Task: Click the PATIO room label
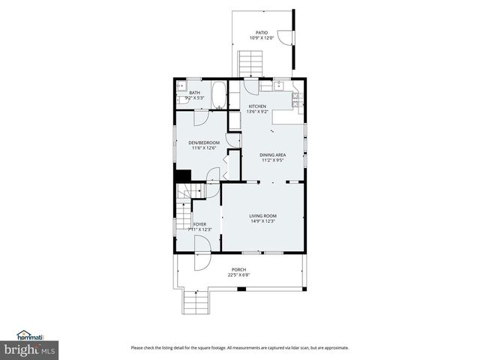(261, 32)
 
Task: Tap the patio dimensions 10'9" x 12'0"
(261, 37)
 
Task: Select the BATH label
(194, 92)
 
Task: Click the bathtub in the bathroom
(220, 96)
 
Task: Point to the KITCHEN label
(257, 106)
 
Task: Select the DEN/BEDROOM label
(204, 142)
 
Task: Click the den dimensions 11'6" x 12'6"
(204, 148)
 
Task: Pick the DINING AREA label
(272, 155)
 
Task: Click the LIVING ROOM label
(263, 216)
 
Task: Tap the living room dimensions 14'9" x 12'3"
(263, 221)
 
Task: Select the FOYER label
(199, 224)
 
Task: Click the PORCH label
(238, 270)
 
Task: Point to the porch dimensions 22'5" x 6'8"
(238, 275)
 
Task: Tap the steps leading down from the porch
(195, 303)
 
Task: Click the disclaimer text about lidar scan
(239, 347)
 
